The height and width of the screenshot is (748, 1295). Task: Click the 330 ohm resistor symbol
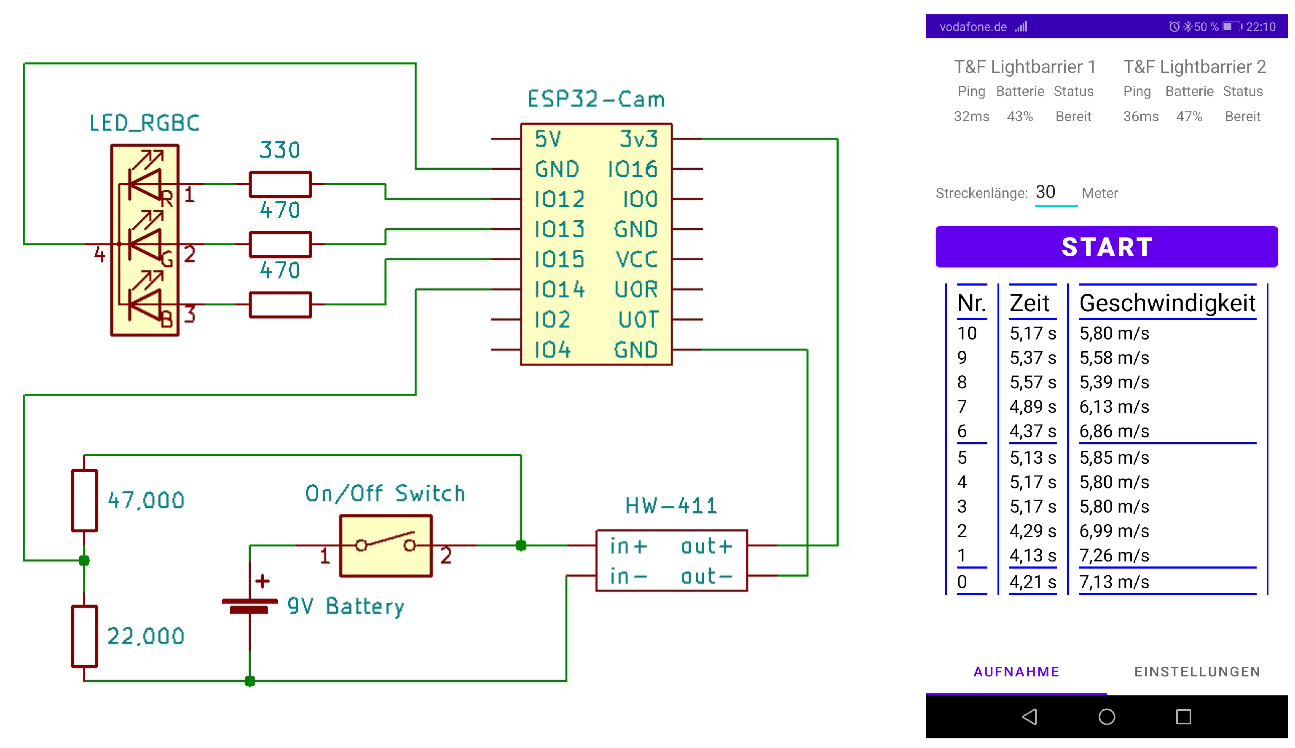point(280,184)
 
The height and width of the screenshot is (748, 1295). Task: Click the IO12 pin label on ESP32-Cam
point(559,199)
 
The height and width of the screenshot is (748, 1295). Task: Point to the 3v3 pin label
point(638,139)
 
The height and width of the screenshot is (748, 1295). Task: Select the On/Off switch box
point(386,545)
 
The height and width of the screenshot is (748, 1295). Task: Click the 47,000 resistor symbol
point(84,500)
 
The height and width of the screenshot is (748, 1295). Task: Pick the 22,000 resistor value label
point(145,636)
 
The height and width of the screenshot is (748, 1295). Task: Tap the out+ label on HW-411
point(706,547)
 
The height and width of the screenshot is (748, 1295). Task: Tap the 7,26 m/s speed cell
point(1114,556)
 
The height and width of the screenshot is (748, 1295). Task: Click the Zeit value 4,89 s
point(1032,406)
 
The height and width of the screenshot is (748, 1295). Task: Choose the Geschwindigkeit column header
point(1167,303)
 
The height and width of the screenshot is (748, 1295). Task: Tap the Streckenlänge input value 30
point(1045,192)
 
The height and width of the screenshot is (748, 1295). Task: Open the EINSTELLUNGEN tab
point(1197,671)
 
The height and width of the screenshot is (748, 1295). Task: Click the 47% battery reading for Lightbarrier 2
point(1189,117)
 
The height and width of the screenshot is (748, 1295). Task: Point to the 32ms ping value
point(971,117)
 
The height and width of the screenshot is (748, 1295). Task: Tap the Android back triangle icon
point(1030,717)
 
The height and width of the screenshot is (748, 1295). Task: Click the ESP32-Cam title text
point(596,99)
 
